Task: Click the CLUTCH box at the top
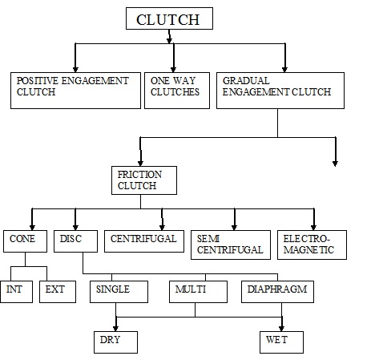[169, 18]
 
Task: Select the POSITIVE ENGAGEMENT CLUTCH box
[75, 91]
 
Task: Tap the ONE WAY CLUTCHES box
[177, 91]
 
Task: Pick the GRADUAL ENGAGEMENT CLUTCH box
[280, 91]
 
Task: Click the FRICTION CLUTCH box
[144, 180]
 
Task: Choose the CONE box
[25, 241]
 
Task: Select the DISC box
[75, 241]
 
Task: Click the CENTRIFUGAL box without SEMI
[144, 241]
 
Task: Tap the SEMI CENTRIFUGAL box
[231, 245]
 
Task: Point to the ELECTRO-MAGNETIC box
[312, 245]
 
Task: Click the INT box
[17, 292]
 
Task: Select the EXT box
[58, 292]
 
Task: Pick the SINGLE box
[119, 292]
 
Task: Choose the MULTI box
[198, 292]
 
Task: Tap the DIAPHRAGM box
[277, 292]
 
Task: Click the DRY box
[115, 342]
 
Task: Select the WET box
[281, 342]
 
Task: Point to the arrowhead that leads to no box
[335, 164]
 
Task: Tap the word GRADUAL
[246, 81]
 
